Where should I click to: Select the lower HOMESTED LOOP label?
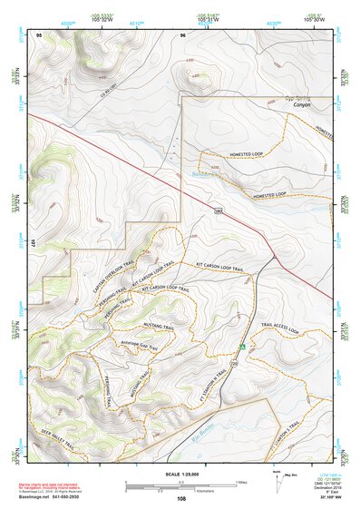tap(269, 195)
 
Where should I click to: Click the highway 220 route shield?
tap(234, 363)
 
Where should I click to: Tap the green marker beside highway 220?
tap(242, 347)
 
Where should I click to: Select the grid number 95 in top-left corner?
tap(39, 34)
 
